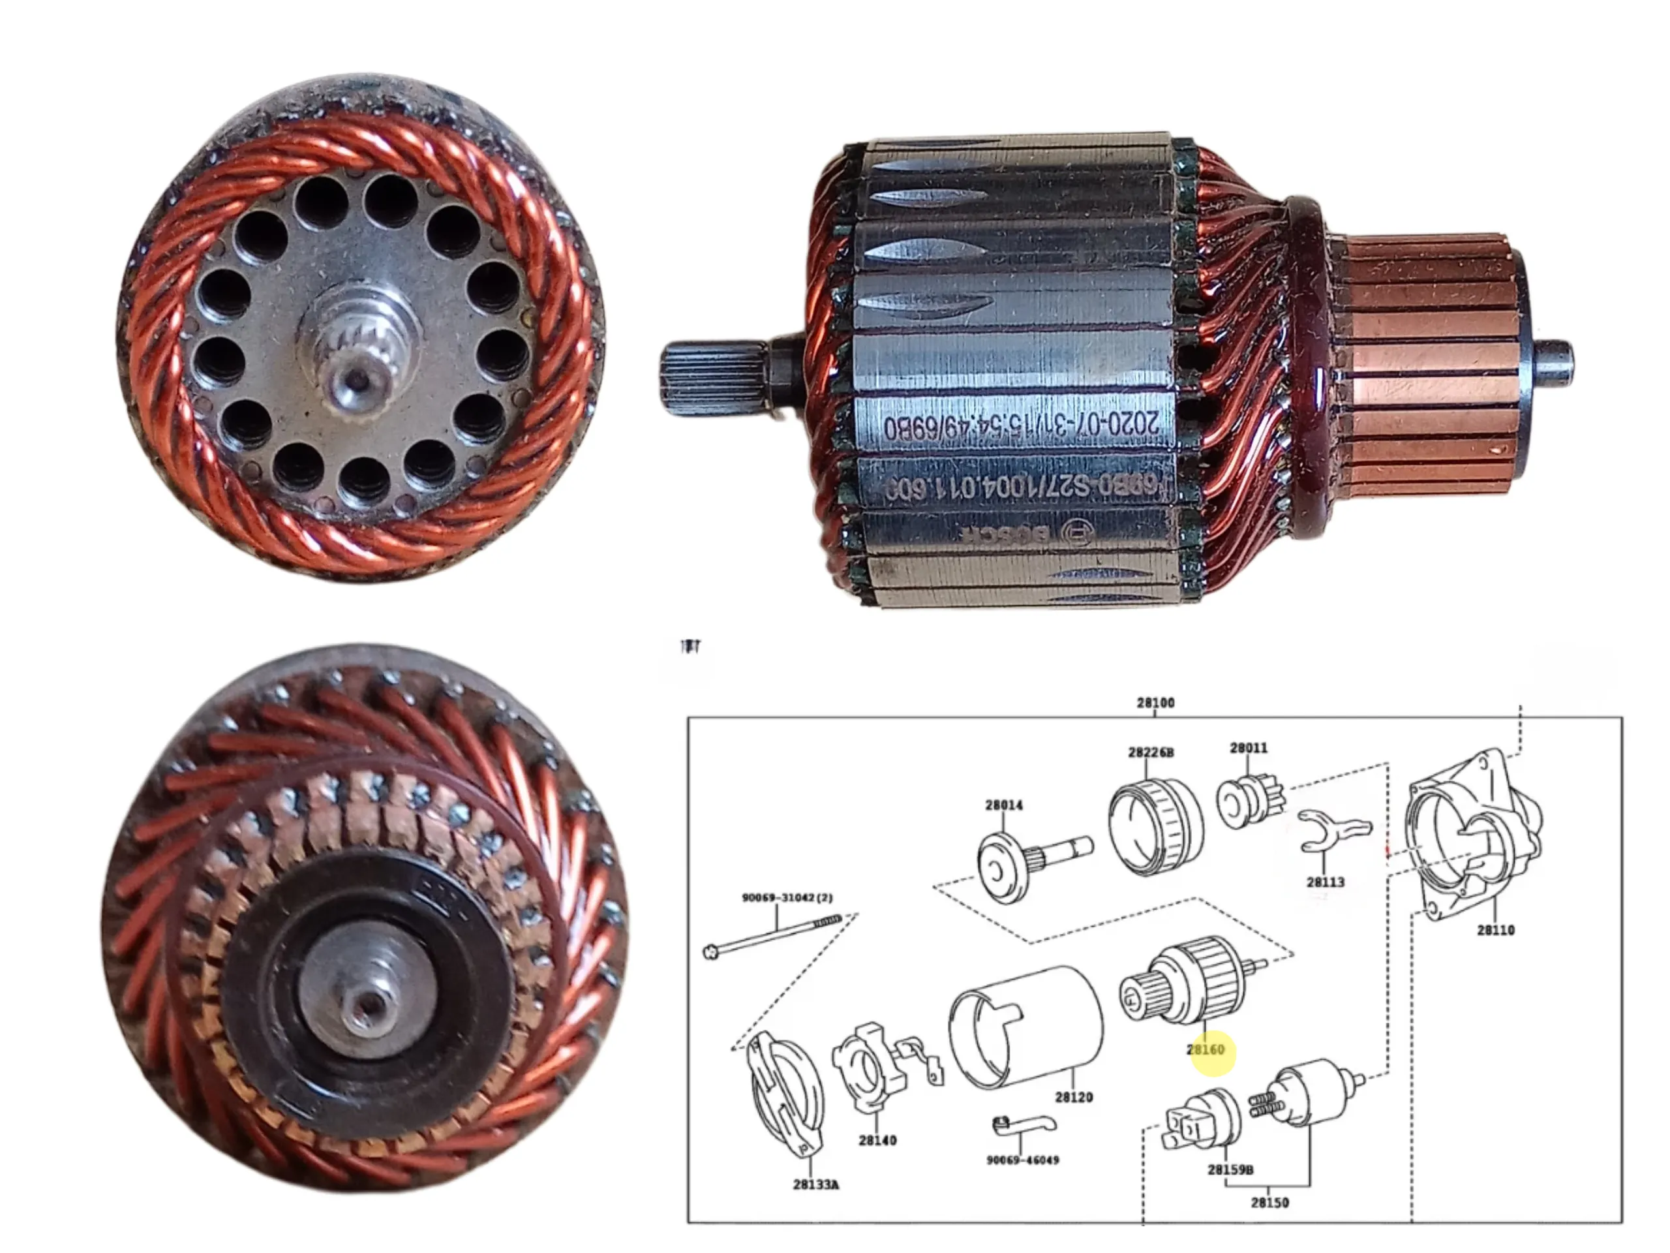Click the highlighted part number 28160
click(x=1205, y=1050)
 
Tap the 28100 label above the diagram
click(x=1155, y=702)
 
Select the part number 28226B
click(x=1151, y=752)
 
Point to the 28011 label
click(x=1249, y=748)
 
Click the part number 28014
click(x=1003, y=805)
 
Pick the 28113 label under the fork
click(x=1325, y=882)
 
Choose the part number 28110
click(x=1495, y=930)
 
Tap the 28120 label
click(x=1074, y=1096)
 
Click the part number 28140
click(x=877, y=1139)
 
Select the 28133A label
click(x=815, y=1184)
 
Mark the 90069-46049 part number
click(x=1022, y=1159)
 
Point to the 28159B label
click(x=1230, y=1169)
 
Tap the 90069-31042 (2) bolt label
click(x=787, y=897)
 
